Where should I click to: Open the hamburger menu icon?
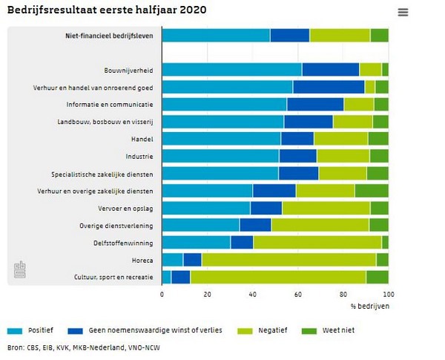pyautogui.click(x=403, y=12)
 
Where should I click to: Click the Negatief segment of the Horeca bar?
pyautogui.click(x=289, y=259)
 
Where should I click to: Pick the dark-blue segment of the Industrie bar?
pyautogui.click(x=298, y=156)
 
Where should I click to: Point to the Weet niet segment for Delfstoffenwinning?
pyautogui.click(x=385, y=242)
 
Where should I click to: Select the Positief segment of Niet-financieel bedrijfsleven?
pyautogui.click(x=216, y=35)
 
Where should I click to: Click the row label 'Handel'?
pyautogui.click(x=142, y=139)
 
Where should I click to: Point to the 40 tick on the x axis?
pyautogui.click(x=253, y=295)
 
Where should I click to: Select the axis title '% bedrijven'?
pyautogui.click(x=369, y=307)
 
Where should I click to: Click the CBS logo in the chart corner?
pyautogui.click(x=20, y=272)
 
